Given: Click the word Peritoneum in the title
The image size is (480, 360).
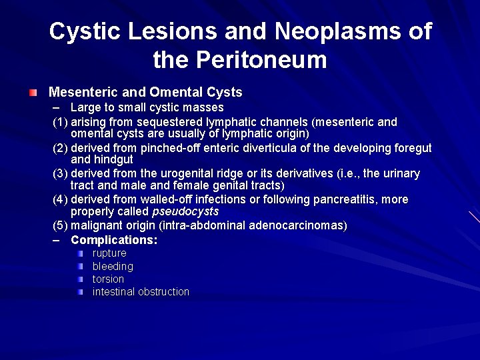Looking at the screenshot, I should tap(261, 61).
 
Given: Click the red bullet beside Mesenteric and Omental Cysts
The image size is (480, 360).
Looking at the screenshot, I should tap(33, 92).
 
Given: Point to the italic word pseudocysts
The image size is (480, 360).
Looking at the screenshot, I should tap(185, 212).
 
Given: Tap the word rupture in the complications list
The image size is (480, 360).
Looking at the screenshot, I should tap(109, 253).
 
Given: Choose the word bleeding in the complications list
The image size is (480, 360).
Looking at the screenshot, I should tap(113, 266).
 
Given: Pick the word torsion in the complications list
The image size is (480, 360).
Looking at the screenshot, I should tap(108, 279).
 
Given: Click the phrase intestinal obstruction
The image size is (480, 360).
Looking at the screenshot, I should tap(141, 291).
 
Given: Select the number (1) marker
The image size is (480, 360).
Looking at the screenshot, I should tap(61, 122).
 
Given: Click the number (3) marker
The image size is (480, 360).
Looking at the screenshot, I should tap(61, 173).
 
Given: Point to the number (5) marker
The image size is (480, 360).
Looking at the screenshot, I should tap(61, 225).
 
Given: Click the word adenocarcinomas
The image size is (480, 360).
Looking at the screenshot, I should tap(298, 225).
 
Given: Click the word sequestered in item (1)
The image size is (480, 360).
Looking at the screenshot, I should tap(165, 122).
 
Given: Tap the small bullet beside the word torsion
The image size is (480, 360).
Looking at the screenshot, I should tap(79, 279).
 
